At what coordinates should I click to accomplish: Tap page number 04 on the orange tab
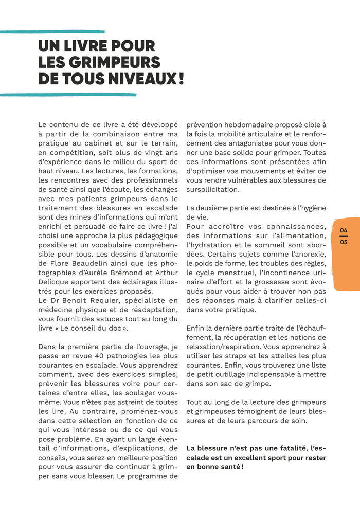click(x=344, y=230)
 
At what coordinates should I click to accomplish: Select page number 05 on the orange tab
click(x=344, y=242)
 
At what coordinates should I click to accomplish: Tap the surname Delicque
click(x=56, y=291)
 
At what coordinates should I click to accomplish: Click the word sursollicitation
click(x=212, y=190)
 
